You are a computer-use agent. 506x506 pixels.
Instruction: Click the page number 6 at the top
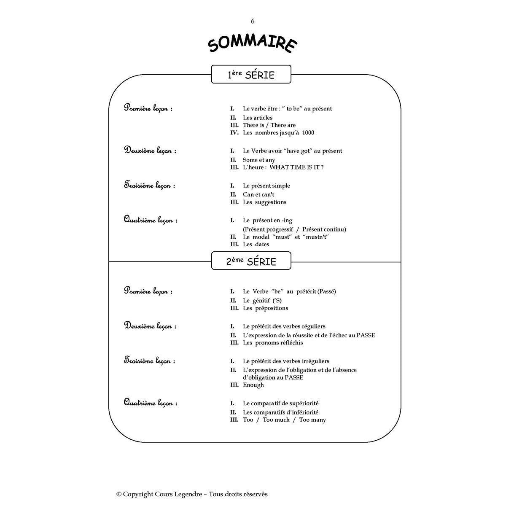tap(253, 22)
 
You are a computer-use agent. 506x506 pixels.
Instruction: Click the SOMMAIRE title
tap(252, 44)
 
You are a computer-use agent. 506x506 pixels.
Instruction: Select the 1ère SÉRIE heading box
tap(251, 75)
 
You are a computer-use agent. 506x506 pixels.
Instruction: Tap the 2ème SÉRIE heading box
tap(251, 261)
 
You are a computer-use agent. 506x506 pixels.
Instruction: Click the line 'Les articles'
tap(257, 118)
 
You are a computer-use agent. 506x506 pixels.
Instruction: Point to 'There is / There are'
tap(269, 125)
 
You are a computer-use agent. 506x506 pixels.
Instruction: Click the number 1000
tap(308, 133)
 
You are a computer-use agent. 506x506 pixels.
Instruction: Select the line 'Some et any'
tap(258, 160)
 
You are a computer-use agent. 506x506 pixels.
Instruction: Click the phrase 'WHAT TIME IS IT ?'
tap(296, 167)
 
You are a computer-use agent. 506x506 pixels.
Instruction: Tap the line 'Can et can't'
tap(258, 195)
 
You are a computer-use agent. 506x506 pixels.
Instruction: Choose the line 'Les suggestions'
tap(264, 202)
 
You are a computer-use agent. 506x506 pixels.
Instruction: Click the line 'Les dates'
tap(256, 245)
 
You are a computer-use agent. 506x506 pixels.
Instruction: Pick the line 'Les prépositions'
tap(265, 308)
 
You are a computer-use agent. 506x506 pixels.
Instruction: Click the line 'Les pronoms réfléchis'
tap(272, 343)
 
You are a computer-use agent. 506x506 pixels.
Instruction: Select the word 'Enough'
tap(253, 385)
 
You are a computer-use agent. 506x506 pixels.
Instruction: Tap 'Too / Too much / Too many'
tap(284, 420)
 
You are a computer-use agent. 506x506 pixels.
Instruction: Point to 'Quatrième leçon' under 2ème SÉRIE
tap(150, 403)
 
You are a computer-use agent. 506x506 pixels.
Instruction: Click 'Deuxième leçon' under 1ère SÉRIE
tap(150, 151)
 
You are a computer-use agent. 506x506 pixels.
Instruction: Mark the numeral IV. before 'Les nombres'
tap(234, 133)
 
